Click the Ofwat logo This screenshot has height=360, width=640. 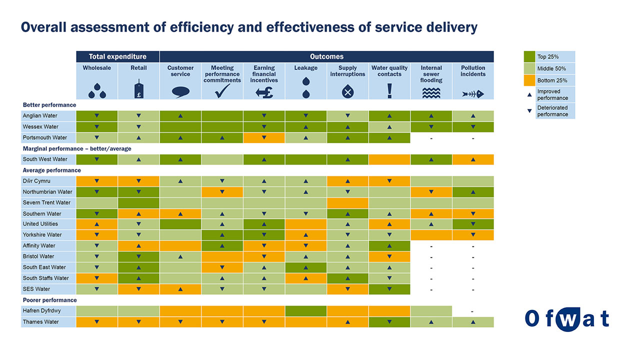click(567, 319)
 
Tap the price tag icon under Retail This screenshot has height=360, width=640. click(139, 89)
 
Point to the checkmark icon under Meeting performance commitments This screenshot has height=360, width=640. click(222, 91)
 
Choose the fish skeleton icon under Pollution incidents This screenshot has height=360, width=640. click(473, 93)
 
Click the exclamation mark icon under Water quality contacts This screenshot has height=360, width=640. click(389, 91)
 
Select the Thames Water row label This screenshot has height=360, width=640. click(41, 322)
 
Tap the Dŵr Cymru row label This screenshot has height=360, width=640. click(36, 181)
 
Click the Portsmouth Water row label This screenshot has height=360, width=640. click(45, 137)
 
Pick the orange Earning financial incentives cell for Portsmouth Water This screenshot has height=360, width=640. click(264, 137)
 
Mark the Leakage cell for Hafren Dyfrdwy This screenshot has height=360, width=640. click(305, 311)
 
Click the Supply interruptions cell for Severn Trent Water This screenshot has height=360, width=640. click(347, 203)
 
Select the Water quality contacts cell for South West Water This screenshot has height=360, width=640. click(389, 159)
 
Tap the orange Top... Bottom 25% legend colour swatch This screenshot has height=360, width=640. click(529, 80)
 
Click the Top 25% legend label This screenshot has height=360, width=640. click(547, 57)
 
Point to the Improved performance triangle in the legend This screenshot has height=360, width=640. click(529, 94)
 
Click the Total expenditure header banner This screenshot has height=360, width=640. click(117, 56)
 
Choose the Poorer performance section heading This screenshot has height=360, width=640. click(49, 300)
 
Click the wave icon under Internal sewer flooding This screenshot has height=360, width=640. click(431, 93)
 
